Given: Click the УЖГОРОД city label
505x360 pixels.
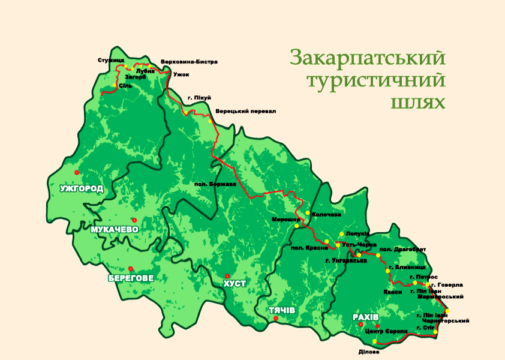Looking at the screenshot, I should click(81, 188).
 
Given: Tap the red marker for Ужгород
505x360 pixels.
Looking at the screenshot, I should click(76, 172).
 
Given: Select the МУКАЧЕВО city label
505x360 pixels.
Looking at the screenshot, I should click(115, 230).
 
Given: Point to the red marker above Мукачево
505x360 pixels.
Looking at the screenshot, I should click(134, 220).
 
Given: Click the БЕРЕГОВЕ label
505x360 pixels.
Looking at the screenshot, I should click(131, 278).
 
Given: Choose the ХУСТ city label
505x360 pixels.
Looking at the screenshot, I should click(234, 283).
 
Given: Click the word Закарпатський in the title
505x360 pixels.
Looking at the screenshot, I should click(368, 58).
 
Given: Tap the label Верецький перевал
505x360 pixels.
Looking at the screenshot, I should click(246, 112).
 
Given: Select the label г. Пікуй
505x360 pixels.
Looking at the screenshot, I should click(199, 98).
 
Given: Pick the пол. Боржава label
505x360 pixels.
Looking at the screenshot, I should click(215, 184).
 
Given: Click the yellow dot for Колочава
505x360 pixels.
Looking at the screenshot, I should click(308, 213).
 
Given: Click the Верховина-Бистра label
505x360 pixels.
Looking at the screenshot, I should click(189, 61).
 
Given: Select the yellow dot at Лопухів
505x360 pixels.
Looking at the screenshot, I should click(342, 234).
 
